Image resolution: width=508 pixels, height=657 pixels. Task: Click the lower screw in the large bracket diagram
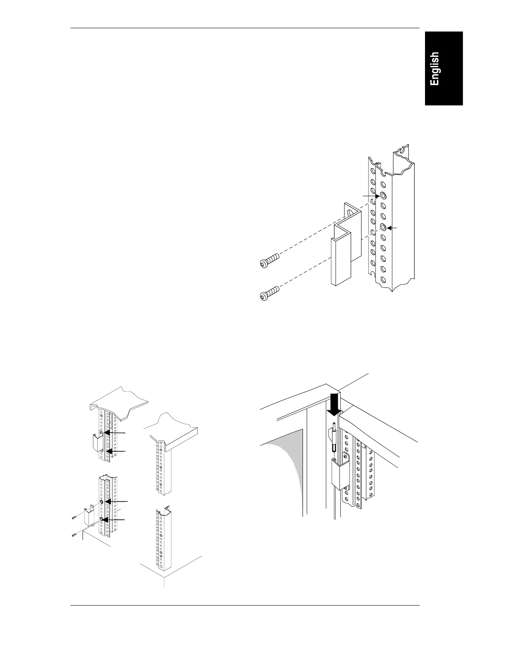point(269,294)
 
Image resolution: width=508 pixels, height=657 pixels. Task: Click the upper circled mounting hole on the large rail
point(382,196)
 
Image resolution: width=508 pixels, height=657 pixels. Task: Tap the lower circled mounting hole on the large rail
point(383,227)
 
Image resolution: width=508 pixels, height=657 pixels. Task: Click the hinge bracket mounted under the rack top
point(96,443)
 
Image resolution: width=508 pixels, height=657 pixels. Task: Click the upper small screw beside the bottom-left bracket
point(74,517)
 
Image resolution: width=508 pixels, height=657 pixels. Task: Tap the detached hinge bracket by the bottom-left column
point(89,516)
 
